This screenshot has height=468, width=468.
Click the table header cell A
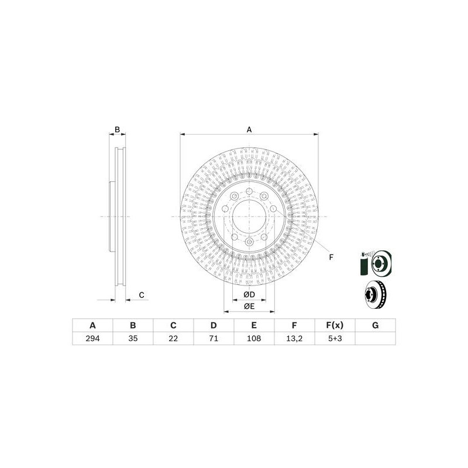click(x=92, y=326)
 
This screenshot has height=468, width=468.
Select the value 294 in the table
click(x=92, y=339)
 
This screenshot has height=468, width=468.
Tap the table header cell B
click(x=133, y=326)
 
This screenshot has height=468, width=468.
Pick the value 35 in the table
click(x=133, y=339)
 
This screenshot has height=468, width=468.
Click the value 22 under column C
click(x=173, y=339)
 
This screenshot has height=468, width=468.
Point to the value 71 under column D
click(x=214, y=339)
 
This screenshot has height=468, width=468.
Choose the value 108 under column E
click(x=254, y=339)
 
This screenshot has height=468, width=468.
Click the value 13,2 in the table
click(x=294, y=339)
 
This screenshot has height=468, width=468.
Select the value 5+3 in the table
click(x=335, y=339)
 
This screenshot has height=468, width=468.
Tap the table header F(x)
click(x=335, y=326)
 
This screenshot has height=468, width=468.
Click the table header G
click(x=375, y=326)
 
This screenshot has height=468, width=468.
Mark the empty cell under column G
click(x=375, y=339)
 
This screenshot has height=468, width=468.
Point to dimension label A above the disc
click(x=249, y=129)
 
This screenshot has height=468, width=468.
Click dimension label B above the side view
click(x=117, y=129)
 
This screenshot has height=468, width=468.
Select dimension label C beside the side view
click(x=141, y=295)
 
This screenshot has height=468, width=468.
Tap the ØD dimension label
click(x=249, y=294)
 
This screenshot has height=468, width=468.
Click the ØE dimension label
click(x=249, y=306)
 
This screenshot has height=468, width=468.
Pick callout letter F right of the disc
click(x=331, y=257)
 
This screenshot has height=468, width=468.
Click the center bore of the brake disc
click(x=249, y=216)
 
